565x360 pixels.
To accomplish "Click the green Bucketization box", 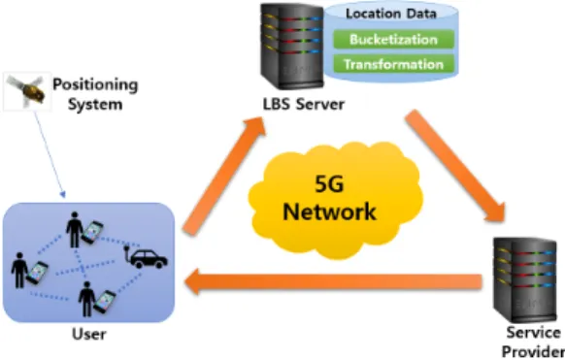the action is (x=393, y=39).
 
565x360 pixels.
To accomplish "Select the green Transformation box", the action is (x=393, y=64).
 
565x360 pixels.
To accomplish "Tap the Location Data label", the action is (x=391, y=14).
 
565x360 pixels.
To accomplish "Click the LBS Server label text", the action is (x=304, y=105).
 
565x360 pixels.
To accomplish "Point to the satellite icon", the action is (x=26, y=91).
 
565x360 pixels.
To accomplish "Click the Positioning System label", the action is (x=95, y=94).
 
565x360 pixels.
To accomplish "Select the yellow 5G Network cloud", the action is (x=335, y=200).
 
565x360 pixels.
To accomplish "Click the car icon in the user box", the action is (x=146, y=257).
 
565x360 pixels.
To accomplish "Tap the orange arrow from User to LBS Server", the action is (x=224, y=176).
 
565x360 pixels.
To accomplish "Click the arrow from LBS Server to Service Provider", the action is (x=456, y=166).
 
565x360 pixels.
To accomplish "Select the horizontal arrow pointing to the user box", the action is (x=333, y=281).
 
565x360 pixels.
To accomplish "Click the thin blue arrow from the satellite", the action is (x=50, y=155).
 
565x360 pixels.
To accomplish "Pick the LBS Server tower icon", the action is (x=292, y=46).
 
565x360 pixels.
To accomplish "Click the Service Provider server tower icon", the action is (x=524, y=280).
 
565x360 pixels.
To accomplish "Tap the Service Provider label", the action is (x=533, y=342).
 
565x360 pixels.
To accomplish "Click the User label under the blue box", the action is (x=89, y=334).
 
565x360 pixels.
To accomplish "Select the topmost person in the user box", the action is (x=75, y=230).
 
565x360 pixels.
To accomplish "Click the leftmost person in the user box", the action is (x=19, y=271).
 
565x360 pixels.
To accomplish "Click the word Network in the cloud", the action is (x=329, y=212).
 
